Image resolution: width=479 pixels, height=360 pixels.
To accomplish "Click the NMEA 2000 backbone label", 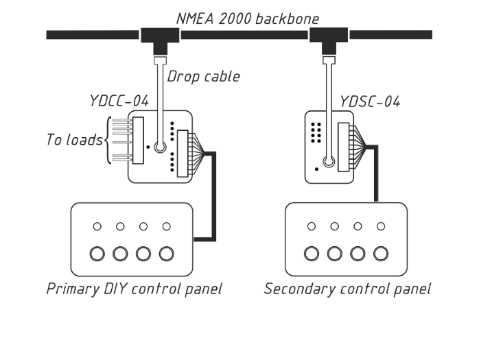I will tap(247, 18).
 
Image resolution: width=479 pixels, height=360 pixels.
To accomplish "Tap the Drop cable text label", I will tap(204, 76).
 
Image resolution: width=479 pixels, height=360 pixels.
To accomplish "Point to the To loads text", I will tap(73, 140).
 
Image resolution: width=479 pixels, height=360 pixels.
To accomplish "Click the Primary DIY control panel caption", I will tap(135, 289).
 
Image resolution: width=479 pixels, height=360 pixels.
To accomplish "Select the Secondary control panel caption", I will tap(347, 289).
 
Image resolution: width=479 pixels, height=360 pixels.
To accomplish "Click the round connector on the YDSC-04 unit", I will tap(329, 163).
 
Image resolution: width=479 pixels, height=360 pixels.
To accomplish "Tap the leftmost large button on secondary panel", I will tap(312, 254).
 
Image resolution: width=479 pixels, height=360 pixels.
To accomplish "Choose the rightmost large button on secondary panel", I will tap(379, 254).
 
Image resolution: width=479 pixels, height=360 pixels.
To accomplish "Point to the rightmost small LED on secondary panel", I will tap(379, 226).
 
